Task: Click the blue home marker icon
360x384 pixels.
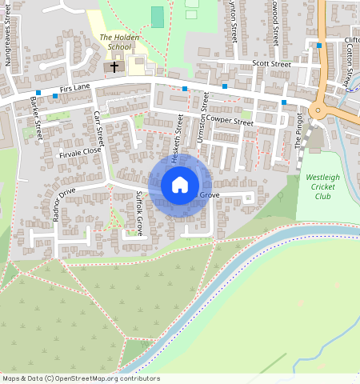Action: click(x=180, y=186)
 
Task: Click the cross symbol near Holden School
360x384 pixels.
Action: click(x=114, y=66)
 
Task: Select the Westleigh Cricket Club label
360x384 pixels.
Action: click(x=322, y=186)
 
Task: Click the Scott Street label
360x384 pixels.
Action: click(x=271, y=63)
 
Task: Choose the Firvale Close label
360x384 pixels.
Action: click(x=80, y=151)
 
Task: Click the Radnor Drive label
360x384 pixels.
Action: click(x=62, y=203)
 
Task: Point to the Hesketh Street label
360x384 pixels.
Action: click(x=179, y=129)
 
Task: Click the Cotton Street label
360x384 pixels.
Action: click(x=350, y=64)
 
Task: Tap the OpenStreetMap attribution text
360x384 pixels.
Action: click(x=80, y=378)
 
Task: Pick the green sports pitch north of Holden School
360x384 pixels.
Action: click(x=158, y=16)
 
